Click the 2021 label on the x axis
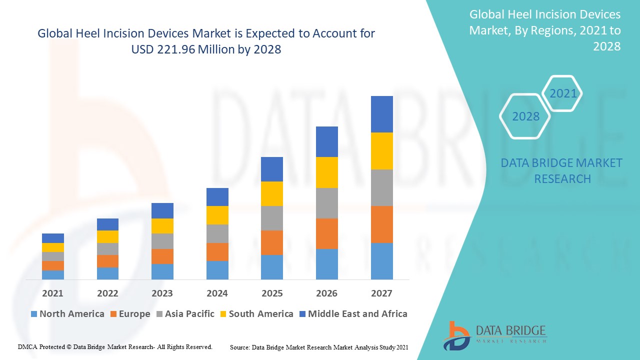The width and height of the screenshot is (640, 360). (52, 293)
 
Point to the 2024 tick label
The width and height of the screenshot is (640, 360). (217, 293)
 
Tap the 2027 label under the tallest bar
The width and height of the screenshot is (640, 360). (381, 293)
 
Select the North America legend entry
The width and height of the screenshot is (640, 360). (67, 314)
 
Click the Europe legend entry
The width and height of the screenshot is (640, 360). (129, 314)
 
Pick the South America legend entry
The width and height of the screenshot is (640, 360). (256, 314)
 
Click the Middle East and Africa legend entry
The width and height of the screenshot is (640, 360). (353, 314)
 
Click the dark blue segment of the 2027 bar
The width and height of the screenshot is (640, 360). (381, 114)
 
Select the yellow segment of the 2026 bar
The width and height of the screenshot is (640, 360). (326, 172)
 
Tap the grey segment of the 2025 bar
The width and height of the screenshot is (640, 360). (272, 218)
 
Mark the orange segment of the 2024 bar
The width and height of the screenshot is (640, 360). (217, 252)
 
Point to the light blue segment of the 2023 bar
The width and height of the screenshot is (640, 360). (162, 271)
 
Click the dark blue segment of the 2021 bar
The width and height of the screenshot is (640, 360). (52, 238)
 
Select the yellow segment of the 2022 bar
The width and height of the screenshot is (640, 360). (107, 236)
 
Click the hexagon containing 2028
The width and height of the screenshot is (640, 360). (525, 116)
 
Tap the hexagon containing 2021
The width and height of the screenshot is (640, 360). (562, 93)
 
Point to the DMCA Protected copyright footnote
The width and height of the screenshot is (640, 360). (115, 346)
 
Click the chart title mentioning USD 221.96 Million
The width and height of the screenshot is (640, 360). (206, 41)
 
